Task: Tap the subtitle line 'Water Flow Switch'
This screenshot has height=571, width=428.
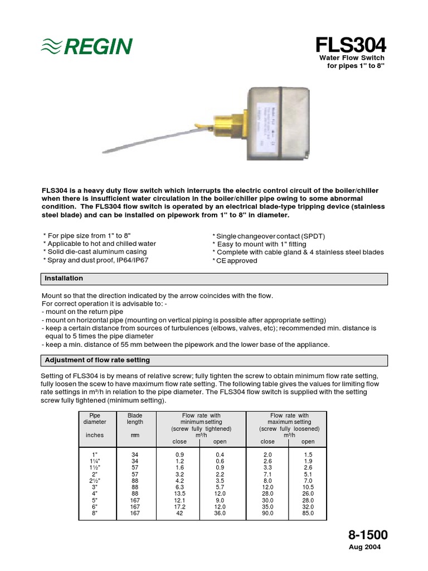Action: tap(351, 58)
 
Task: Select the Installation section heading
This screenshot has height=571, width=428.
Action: tap(64, 278)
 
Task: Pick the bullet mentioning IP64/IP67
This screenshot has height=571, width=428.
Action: tap(96, 260)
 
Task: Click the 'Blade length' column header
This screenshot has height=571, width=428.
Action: tap(135, 419)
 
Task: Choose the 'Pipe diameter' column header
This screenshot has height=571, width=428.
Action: tap(94, 419)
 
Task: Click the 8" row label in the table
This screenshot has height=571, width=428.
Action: tap(94, 514)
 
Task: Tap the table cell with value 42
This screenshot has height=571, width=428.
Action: tap(179, 514)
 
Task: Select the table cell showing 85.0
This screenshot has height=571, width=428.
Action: tap(308, 514)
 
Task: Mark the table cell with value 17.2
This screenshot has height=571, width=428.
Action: tap(179, 506)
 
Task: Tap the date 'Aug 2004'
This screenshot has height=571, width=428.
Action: tap(365, 548)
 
